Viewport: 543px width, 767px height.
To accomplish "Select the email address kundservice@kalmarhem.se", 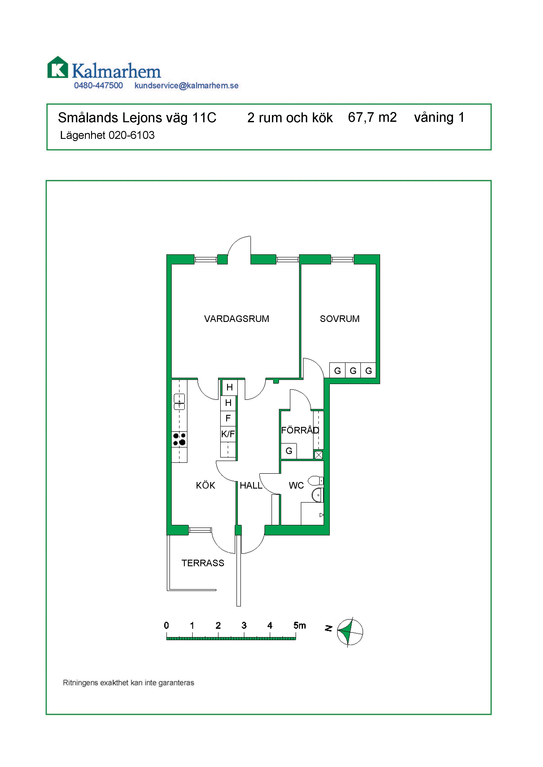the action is pyautogui.click(x=186, y=86).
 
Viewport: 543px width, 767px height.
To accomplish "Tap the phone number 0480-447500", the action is pyautogui.click(x=98, y=86).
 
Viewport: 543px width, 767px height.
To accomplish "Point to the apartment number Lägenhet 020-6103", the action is pyautogui.click(x=107, y=135).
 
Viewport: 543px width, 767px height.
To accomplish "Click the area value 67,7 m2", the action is pyautogui.click(x=372, y=118).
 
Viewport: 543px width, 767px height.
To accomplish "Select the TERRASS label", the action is pyautogui.click(x=203, y=563).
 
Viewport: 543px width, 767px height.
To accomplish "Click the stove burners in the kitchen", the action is pyautogui.click(x=179, y=439).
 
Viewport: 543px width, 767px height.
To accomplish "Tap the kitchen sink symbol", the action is pyautogui.click(x=179, y=402).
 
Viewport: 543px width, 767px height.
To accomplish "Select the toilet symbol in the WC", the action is pyautogui.click(x=316, y=481).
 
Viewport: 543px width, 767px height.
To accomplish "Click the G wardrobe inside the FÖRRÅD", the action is pyautogui.click(x=289, y=451).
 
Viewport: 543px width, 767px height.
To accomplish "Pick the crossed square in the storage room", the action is pyautogui.click(x=319, y=455).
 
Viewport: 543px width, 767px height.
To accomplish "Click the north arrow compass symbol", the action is pyautogui.click(x=350, y=632).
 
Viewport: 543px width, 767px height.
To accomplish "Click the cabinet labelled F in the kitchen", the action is pyautogui.click(x=228, y=419).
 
